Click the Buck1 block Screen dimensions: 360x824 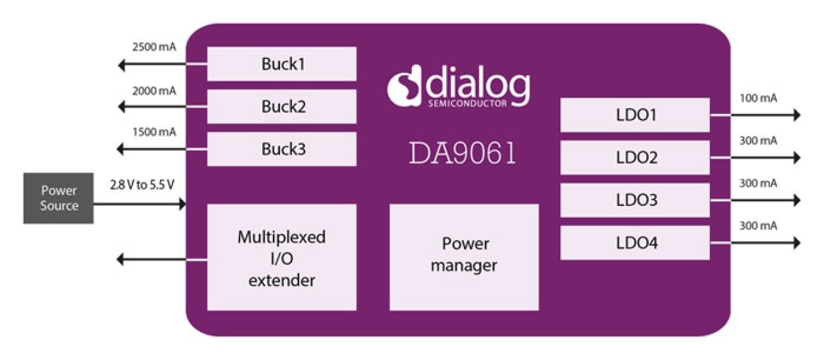281,64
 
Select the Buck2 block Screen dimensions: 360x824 281,106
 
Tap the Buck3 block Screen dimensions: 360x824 281,149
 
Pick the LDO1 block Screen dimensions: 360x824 635,115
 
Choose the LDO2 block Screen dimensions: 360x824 635,157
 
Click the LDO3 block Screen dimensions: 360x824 635,200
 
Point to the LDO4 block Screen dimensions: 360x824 635,243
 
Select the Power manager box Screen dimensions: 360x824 464,256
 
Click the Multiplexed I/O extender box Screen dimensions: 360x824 281,256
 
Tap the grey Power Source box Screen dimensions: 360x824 58,198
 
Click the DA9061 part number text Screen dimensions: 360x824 463,153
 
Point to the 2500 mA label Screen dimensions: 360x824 154,47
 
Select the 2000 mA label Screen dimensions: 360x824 154,90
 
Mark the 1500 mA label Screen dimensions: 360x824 154,132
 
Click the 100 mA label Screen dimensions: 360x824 758,98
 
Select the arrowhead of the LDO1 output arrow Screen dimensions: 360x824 796,115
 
